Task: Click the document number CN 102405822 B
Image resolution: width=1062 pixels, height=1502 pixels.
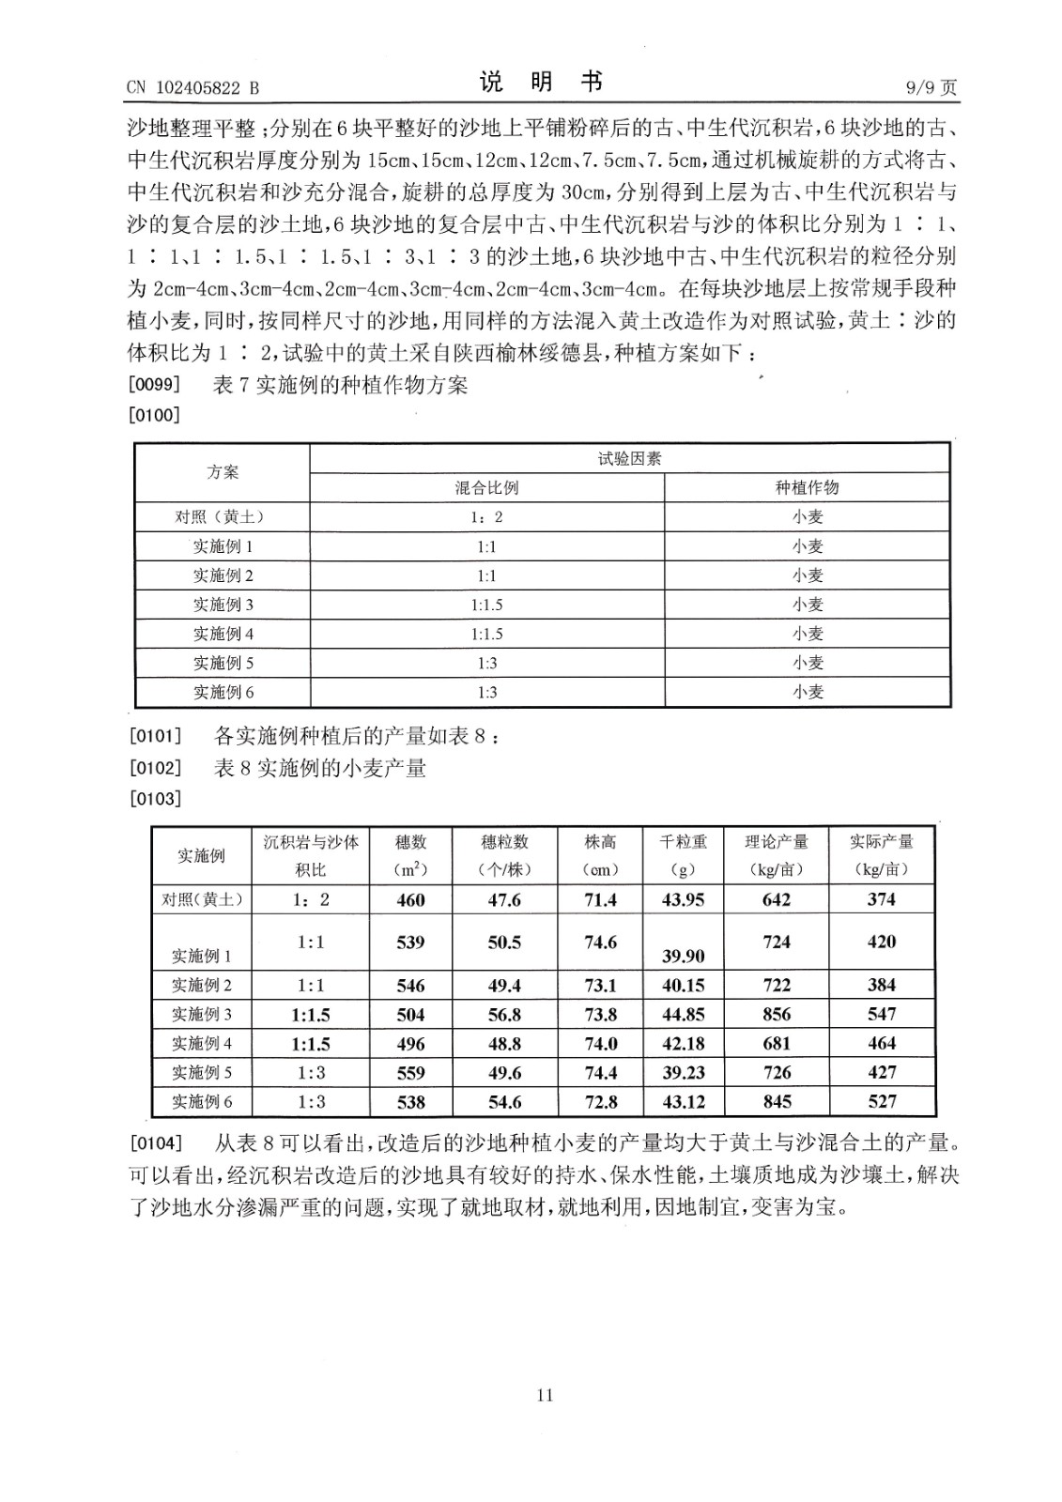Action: [192, 88]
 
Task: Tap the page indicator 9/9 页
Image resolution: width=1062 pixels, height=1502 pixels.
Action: [931, 88]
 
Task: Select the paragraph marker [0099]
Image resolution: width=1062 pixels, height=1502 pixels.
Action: [154, 385]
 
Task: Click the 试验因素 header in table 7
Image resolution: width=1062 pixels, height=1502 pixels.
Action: [629, 459]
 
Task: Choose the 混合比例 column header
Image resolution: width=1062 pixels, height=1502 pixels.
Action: [486, 487]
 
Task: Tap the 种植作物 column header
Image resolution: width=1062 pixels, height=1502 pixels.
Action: [807, 487]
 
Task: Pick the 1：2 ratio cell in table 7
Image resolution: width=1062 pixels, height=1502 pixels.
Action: [486, 517]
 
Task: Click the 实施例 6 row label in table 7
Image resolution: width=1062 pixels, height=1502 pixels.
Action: [223, 693]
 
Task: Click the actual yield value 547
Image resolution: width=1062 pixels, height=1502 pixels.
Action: [882, 1014]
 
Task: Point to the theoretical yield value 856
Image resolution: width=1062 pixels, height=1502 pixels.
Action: [777, 1014]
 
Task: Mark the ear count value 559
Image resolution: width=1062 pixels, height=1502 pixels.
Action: [410, 1072]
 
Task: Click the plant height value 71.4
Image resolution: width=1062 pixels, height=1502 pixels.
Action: [600, 899]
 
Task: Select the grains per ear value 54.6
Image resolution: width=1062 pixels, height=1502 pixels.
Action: [504, 1101]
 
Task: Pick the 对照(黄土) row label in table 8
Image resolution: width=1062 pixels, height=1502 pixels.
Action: [202, 899]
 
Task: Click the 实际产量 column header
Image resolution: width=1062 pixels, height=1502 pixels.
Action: [881, 842]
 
